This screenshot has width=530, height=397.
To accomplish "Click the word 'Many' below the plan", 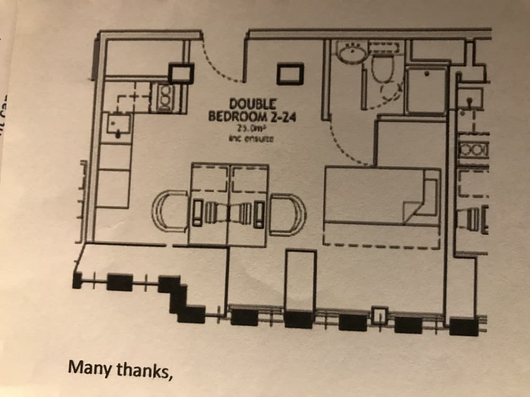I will tap(91, 366).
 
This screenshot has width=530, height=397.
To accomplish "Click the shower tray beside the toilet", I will tap(427, 90).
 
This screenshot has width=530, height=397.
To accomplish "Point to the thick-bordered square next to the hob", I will tap(180, 73).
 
